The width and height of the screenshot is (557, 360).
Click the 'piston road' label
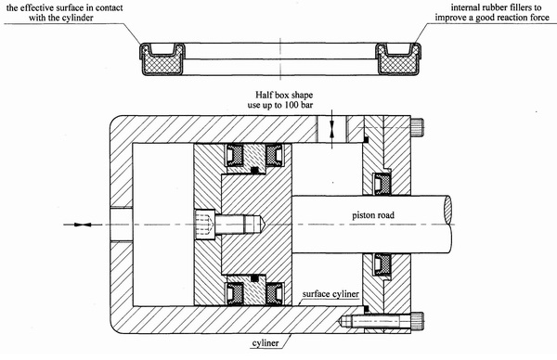373,215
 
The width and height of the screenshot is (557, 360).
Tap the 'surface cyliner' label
330,294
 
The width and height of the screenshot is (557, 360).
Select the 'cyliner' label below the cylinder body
266,343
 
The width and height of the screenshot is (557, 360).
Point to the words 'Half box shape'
284,95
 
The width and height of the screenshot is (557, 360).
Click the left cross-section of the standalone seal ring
162,59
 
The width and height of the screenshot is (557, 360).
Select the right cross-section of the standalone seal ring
398,59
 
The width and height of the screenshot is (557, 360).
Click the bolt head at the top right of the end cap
417,127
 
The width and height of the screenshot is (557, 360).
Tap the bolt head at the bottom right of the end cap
417,321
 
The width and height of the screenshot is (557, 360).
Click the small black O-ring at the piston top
254,171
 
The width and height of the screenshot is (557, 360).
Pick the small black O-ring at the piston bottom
254,278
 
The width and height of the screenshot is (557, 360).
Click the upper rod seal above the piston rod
382,184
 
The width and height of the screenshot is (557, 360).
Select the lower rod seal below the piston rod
382,264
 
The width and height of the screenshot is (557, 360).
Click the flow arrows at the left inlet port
83,225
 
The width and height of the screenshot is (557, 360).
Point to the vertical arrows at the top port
331,129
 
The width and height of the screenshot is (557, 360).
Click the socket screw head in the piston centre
205,225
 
